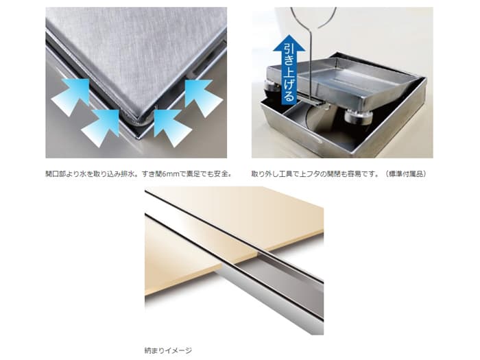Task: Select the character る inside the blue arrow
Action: click(x=289, y=95)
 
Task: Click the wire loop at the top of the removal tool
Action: click(x=313, y=17)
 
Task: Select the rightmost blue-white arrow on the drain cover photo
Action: click(x=204, y=98)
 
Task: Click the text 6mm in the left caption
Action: click(x=169, y=174)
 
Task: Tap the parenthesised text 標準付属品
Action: click(x=407, y=174)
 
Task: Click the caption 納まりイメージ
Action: click(x=168, y=350)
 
